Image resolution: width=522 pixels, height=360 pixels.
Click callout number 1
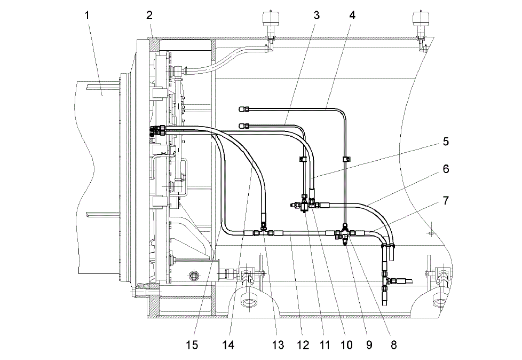87,15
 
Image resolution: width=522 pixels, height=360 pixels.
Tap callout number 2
149,15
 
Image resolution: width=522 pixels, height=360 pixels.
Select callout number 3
317,15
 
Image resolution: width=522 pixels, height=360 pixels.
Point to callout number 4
353,15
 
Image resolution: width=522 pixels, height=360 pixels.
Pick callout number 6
446,169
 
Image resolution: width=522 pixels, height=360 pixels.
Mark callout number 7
446,200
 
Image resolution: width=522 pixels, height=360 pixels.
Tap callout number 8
393,345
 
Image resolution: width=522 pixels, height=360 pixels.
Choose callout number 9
369,345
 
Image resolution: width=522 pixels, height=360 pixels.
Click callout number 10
346,345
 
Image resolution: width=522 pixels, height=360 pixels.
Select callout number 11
325,345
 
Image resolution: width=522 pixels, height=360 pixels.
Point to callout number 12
303,345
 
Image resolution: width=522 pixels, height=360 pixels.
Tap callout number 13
278,345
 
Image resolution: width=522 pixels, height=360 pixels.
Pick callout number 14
228,345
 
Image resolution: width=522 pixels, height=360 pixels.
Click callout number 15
192,345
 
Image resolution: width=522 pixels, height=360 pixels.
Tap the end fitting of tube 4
244,108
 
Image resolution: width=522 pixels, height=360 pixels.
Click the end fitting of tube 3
244,126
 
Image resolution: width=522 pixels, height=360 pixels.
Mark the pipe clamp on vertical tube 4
345,159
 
